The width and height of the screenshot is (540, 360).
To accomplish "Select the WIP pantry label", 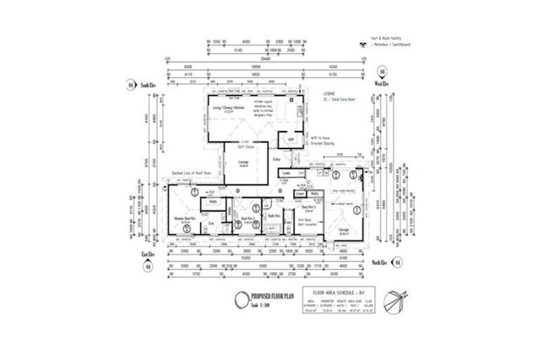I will pos(290,139).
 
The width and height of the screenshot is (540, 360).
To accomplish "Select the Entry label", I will pos(276,160).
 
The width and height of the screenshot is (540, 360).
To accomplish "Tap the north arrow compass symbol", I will pos(398,300).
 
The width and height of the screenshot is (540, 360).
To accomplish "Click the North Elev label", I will pos(382,262).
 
